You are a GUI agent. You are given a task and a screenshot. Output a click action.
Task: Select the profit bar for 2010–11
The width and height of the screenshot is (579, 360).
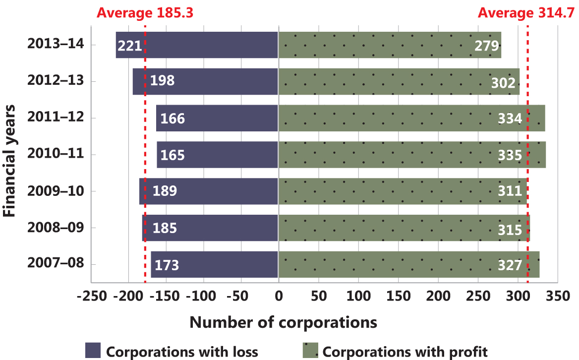(411, 155)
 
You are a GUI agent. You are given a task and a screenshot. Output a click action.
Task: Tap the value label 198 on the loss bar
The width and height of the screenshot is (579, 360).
(163, 81)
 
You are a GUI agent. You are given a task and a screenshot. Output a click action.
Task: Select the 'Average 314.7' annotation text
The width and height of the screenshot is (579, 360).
(527, 12)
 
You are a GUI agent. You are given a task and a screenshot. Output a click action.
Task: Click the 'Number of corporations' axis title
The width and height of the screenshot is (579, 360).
(283, 322)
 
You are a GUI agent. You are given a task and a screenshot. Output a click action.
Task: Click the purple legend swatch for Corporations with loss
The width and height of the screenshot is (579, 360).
(93, 350)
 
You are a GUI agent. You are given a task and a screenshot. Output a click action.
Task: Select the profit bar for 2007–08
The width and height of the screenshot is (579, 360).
(409, 265)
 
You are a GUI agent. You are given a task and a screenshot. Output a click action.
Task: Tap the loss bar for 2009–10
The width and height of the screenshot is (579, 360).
(209, 191)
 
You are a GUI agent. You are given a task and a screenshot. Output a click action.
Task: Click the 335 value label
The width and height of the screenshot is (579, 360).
(510, 155)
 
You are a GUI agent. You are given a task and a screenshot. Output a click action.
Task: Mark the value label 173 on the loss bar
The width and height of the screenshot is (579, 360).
(167, 265)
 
